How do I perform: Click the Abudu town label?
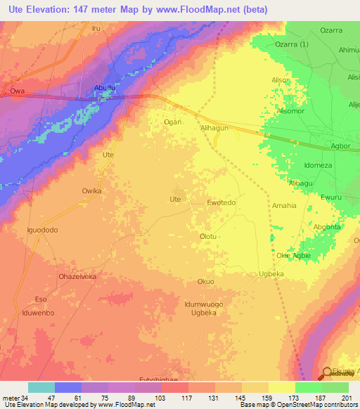105,88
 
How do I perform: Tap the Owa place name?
17,91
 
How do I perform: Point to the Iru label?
97,28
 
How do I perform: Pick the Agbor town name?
340,147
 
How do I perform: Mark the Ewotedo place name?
221,202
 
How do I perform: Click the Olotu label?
209,237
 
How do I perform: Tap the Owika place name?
92,190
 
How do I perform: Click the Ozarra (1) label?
292,44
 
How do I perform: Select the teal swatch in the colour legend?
41,387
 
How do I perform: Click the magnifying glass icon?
328,374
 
